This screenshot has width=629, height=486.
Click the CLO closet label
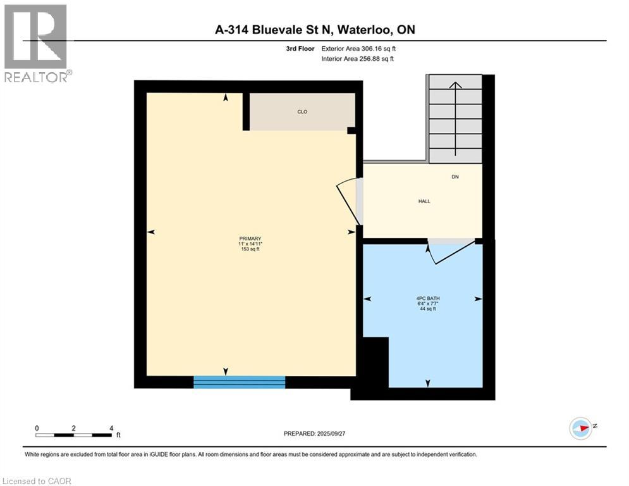[x=302, y=112]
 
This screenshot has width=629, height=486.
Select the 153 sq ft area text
[x=249, y=249]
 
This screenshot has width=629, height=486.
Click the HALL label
[x=424, y=201]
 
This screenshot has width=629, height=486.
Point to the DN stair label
[x=455, y=177]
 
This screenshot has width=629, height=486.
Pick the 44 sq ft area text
[x=423, y=309]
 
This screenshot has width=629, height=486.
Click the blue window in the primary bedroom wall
[x=239, y=382]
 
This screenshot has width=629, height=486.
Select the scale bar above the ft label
[x=74, y=435]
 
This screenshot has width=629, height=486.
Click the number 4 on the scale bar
[x=111, y=428]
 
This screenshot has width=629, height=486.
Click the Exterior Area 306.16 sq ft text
[x=357, y=48]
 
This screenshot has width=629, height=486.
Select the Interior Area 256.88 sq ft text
[x=357, y=59]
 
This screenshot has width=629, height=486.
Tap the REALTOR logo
[x=35, y=43]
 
